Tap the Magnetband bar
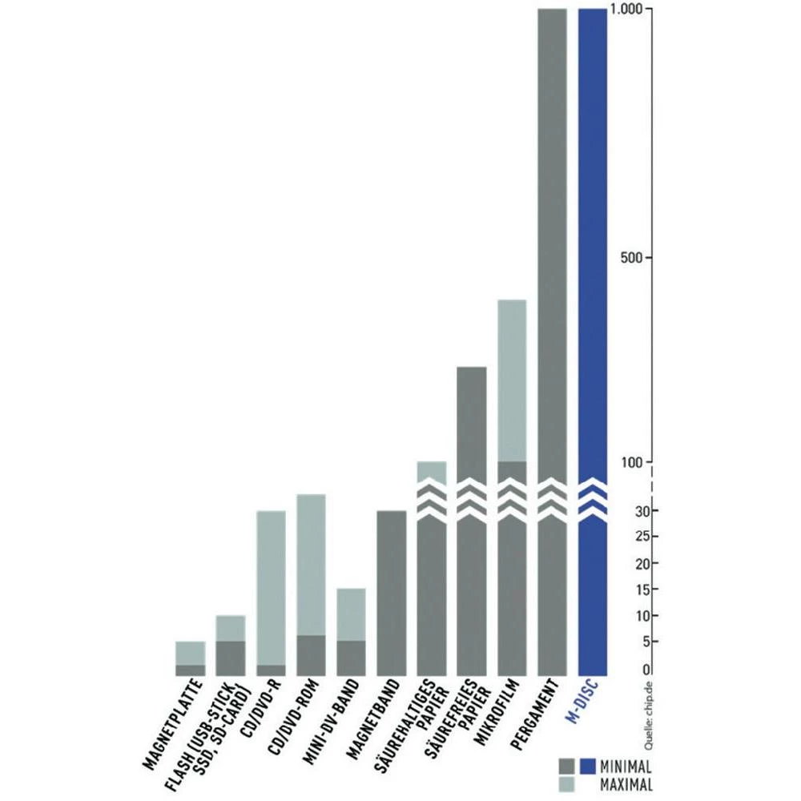tap(391, 593)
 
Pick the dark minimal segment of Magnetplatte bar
tap(190, 670)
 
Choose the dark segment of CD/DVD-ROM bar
tap(311, 655)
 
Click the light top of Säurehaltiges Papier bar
tap(431, 471)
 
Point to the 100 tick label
tap(633, 462)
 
